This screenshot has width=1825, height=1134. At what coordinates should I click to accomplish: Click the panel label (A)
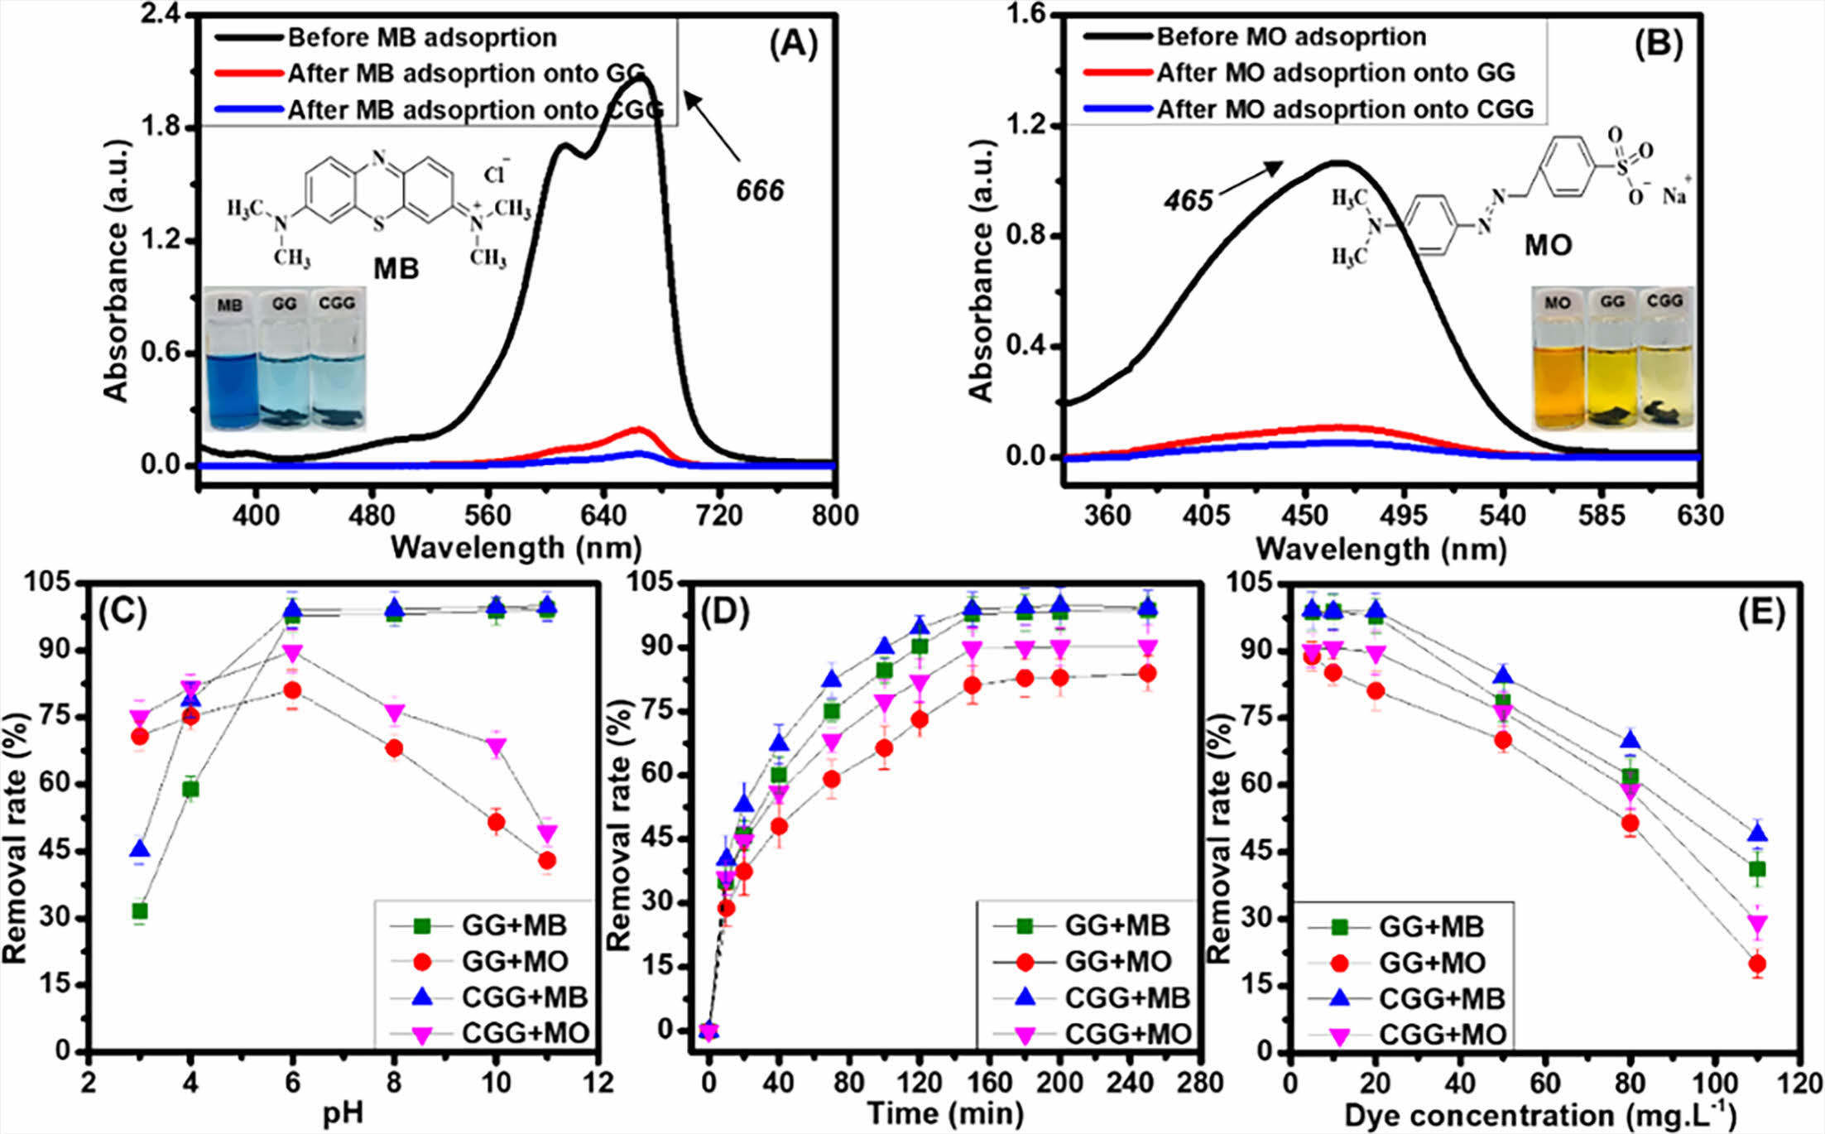792,44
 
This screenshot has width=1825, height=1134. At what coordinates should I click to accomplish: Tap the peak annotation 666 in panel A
759,191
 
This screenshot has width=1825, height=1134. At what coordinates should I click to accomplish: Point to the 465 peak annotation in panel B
1188,200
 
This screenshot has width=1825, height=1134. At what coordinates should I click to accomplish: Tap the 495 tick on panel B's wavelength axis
1404,516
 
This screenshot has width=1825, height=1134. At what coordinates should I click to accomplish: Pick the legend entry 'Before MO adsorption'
1290,36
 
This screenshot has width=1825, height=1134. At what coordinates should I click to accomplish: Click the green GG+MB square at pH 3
140,911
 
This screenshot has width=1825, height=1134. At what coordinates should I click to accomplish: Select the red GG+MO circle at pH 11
547,861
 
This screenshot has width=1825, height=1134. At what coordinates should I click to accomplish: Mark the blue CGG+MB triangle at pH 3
140,849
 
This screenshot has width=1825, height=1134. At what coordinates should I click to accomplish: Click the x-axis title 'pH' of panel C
343,1113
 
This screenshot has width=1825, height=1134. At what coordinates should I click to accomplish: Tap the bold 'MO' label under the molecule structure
1548,246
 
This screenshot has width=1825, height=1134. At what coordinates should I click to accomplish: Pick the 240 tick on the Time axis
1130,1082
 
